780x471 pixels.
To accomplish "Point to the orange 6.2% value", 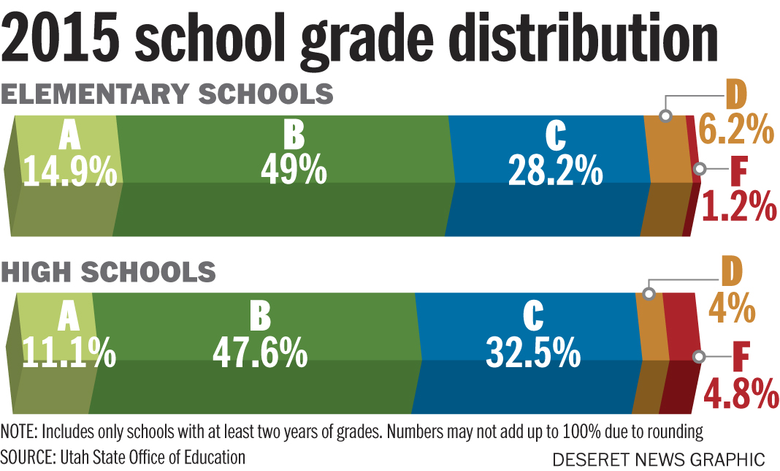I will point(735,131).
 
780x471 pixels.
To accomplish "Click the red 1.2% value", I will point(739,207).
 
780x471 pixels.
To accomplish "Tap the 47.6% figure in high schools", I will point(259,353).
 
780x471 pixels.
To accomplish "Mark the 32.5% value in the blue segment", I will point(533,353).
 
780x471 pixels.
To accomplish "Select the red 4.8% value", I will point(741,393).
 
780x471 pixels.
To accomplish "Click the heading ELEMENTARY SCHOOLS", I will point(167,94).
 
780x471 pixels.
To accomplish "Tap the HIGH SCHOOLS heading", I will point(109,271).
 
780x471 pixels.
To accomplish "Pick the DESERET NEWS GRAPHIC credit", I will point(658,459).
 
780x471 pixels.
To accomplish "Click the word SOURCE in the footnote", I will point(26,458).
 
